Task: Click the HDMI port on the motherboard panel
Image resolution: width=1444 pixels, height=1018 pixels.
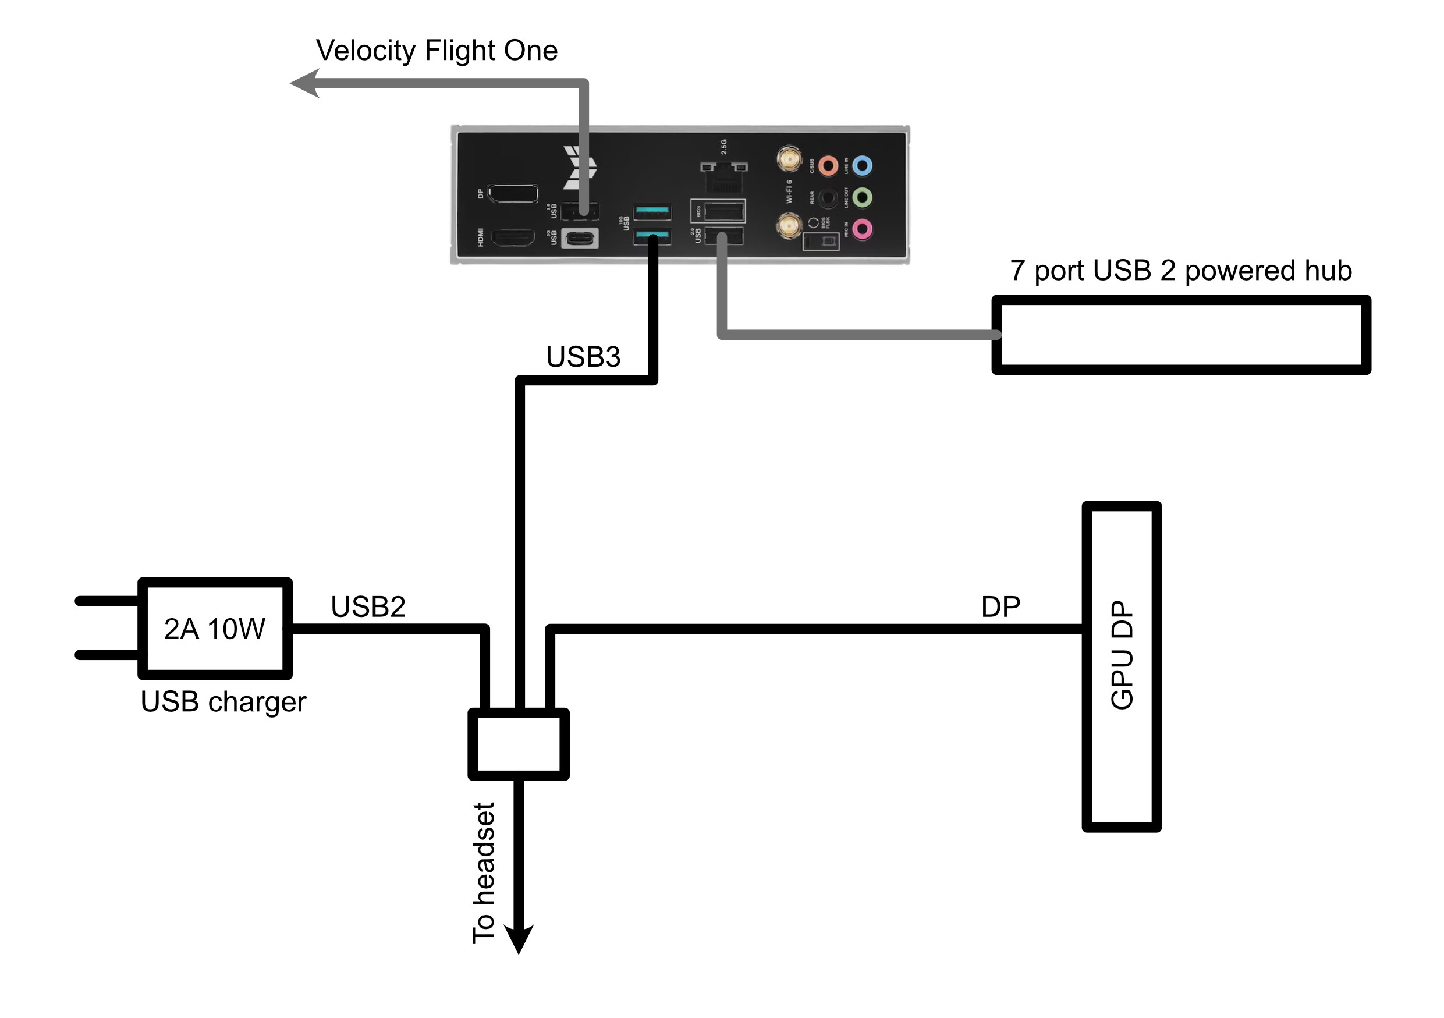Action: [512, 238]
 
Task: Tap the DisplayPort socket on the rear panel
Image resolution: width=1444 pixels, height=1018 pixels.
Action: [513, 194]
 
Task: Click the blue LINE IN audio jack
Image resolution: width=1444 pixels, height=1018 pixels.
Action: [862, 166]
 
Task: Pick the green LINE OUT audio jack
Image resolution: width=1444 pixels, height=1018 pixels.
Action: [862, 198]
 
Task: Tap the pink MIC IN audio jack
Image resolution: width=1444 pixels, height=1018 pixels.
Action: [862, 229]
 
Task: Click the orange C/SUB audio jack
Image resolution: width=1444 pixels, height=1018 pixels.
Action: [828, 166]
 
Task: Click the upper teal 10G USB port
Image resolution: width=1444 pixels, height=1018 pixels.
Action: [652, 211]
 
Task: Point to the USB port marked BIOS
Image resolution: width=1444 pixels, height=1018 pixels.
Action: [723, 211]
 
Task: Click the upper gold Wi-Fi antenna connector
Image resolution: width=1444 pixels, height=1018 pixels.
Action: [789, 158]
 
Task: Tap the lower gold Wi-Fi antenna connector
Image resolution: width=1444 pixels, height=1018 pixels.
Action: [789, 226]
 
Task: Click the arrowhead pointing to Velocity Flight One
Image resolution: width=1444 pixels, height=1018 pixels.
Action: [306, 84]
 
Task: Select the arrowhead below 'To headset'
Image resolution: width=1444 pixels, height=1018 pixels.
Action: [519, 939]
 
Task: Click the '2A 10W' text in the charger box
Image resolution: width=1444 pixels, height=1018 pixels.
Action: [214, 629]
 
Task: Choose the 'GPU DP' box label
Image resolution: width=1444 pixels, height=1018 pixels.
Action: [1122, 655]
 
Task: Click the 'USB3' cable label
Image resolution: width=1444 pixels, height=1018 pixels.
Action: [583, 357]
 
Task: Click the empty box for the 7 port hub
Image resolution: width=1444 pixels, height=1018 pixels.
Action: [1180, 335]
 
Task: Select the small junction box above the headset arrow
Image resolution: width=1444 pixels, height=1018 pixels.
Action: [519, 744]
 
